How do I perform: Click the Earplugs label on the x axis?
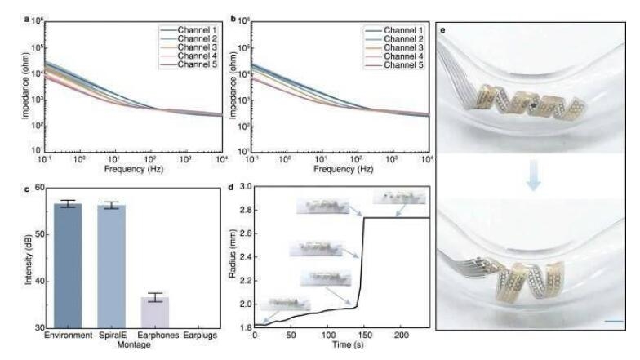(x=197, y=336)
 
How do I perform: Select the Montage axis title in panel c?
(x=134, y=344)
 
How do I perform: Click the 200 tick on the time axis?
(x=401, y=336)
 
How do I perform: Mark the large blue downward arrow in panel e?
(x=532, y=182)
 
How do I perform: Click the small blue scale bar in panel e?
(x=615, y=321)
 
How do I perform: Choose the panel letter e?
(x=443, y=30)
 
